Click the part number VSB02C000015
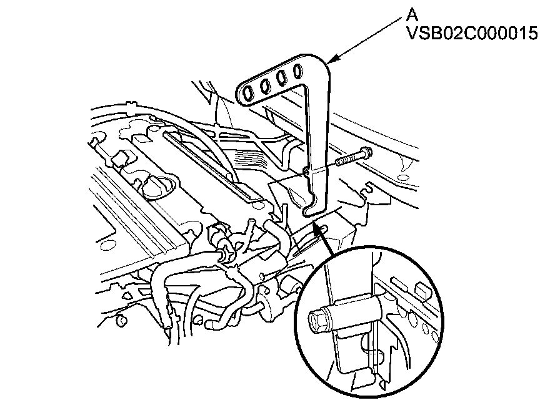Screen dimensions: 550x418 coord(471,33)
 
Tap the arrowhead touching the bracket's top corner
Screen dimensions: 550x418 coord(332,60)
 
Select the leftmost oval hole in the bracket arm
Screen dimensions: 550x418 coord(249,93)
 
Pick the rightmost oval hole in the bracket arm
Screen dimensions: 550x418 coord(297,69)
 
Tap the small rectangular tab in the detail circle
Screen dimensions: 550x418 coord(422,290)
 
